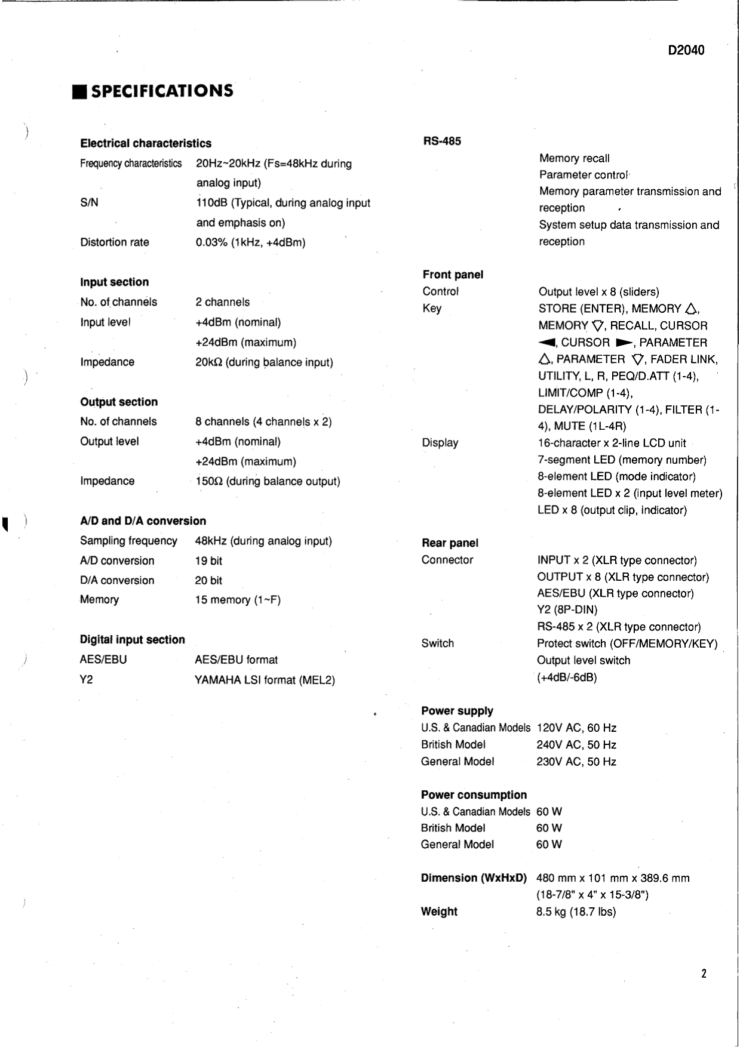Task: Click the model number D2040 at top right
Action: tap(686, 50)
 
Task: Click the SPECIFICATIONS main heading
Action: tap(162, 91)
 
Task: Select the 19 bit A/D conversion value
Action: tap(208, 561)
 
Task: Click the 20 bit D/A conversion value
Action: tap(208, 580)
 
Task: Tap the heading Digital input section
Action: tap(132, 640)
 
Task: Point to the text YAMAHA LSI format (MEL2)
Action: tap(265, 680)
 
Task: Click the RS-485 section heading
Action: tap(442, 141)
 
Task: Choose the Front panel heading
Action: tap(453, 275)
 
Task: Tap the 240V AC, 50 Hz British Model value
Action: tap(576, 745)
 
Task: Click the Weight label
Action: tap(439, 911)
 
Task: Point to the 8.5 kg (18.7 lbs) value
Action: tap(576, 911)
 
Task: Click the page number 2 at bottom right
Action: tap(704, 974)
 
